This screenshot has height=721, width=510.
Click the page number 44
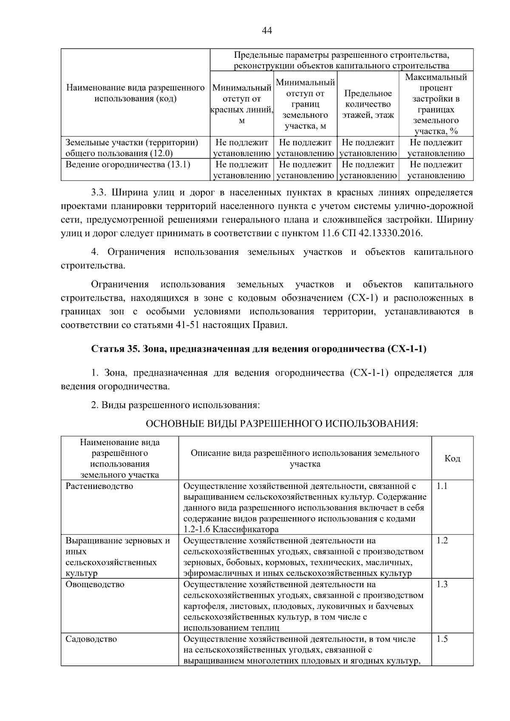(266, 30)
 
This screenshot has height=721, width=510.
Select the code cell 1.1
(442, 486)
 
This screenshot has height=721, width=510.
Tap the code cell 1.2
(442, 540)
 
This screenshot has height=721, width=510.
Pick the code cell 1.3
(442, 584)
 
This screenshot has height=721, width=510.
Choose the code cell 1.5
(442, 639)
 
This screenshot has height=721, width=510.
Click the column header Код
(452, 458)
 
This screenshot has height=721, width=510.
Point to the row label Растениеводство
(99, 486)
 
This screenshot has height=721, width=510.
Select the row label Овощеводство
(95, 584)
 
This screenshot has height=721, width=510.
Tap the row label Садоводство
(91, 639)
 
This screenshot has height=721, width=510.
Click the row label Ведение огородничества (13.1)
(127, 164)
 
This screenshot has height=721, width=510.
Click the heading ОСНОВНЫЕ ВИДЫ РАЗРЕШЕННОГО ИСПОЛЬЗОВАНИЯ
(282, 424)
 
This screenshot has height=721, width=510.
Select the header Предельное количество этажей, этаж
(368, 104)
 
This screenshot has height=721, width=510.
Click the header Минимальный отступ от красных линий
(241, 104)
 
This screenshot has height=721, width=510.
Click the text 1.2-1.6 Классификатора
(231, 529)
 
